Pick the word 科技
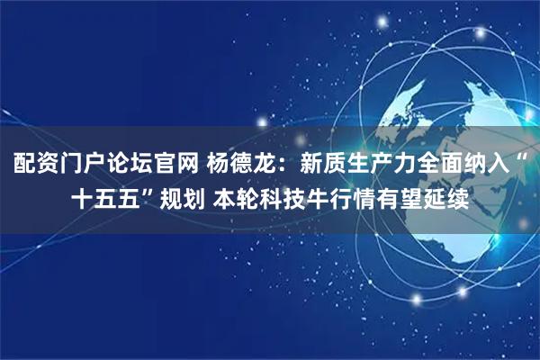coord(280,199)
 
